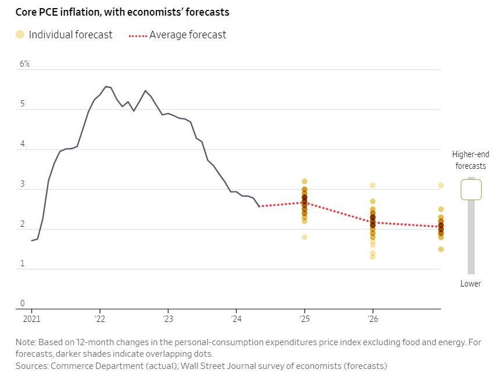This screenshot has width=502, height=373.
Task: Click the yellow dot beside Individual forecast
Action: pos(20,35)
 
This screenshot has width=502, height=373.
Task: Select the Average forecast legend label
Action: pos(188,35)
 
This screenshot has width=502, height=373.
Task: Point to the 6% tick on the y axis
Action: pos(24,64)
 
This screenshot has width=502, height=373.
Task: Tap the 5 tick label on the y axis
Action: pos(22,104)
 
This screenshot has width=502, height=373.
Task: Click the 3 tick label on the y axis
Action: pos(22,184)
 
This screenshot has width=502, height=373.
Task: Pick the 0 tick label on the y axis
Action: pos(22,303)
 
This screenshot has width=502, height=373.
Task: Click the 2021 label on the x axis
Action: pos(31,319)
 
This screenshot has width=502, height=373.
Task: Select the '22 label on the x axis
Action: pos(99,319)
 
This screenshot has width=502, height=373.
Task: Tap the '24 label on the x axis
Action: pos(236,319)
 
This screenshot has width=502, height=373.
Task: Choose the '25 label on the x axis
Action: pos(304,319)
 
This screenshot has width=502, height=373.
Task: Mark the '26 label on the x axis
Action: pos(372,319)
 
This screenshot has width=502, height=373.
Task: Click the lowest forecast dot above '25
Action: pos(304,237)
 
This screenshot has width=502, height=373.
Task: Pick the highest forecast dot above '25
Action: pos(304,182)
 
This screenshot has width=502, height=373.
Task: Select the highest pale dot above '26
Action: pos(372,186)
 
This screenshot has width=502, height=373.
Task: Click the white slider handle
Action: pos(471,189)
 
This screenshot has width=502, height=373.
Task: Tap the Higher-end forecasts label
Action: pos(471,160)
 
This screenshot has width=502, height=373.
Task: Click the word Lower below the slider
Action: pos(471,284)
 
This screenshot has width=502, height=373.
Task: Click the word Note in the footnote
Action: pos(26,342)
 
